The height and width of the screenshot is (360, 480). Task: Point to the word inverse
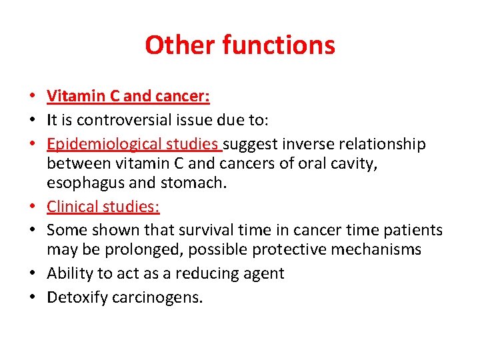click(x=303, y=144)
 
